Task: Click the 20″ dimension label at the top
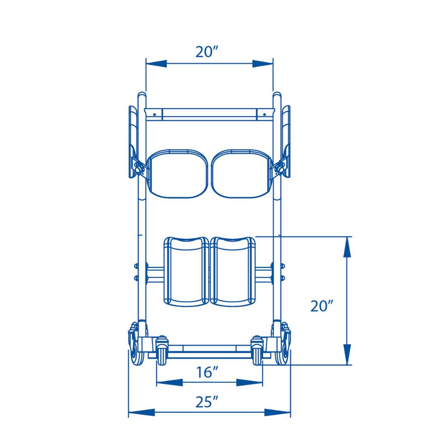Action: pos(206,52)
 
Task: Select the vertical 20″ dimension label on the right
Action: pos(322,306)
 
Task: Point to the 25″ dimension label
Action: pos(207,402)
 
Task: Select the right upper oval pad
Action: pos(241,173)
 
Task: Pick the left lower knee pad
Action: pos(186,271)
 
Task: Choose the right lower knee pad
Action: pos(232,271)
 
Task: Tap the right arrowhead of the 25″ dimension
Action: pos(278,413)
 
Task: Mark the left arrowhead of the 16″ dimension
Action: pos(169,383)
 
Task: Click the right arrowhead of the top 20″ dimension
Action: pos(262,64)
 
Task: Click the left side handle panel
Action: pos(133,140)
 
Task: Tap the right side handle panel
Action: pos(286,140)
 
